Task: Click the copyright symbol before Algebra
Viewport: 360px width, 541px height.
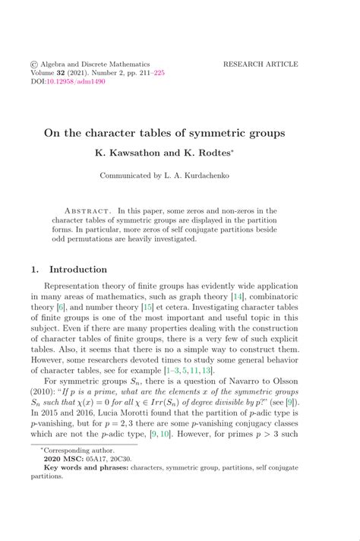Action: pos(34,65)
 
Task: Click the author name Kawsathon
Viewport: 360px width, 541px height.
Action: pos(134,153)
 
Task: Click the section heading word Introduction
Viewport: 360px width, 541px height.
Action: pos(78,269)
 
